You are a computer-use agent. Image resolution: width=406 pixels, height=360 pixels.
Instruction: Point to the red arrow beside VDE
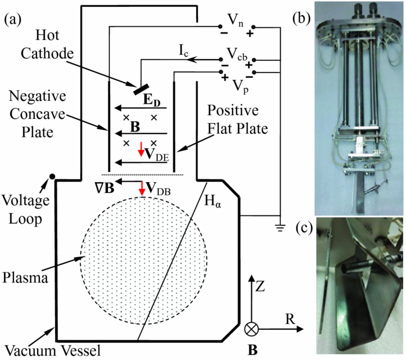click(140, 150)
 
